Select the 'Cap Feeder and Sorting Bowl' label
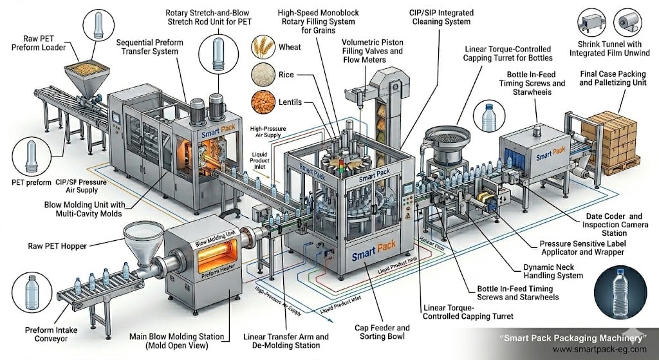tap(382, 332)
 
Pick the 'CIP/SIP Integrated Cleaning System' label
tap(442, 18)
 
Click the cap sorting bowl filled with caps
tap(448, 138)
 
